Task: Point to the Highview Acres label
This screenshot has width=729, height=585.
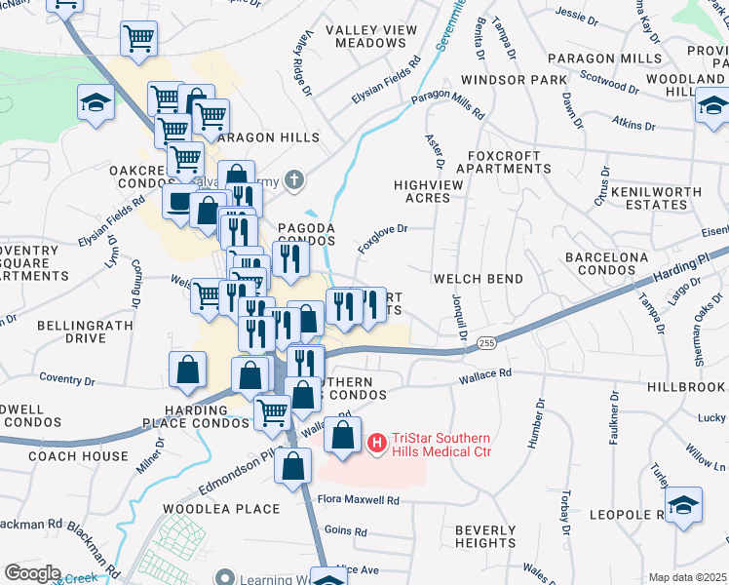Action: (422, 190)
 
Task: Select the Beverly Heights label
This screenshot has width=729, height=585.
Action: (485, 535)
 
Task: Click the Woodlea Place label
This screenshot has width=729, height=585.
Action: (221, 509)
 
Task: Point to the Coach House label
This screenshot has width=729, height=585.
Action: (78, 455)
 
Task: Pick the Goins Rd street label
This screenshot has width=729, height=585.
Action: (346, 532)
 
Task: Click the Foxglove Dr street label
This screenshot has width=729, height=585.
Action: (381, 239)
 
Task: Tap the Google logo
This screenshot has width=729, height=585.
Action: (32, 573)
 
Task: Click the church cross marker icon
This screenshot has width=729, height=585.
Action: (293, 180)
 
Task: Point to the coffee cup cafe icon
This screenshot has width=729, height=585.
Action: (177, 201)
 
